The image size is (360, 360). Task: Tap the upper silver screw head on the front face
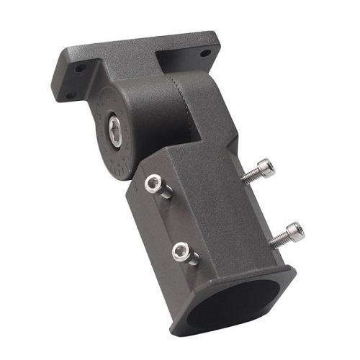[x=153, y=183]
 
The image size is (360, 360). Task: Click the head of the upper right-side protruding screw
[x=266, y=168]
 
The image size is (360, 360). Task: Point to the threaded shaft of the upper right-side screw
[x=250, y=176]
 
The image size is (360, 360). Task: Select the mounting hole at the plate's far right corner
[x=205, y=53]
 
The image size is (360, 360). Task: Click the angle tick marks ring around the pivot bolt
[x=101, y=151]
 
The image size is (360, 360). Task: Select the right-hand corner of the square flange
[x=294, y=271]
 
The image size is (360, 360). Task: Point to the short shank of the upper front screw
[x=164, y=190]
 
